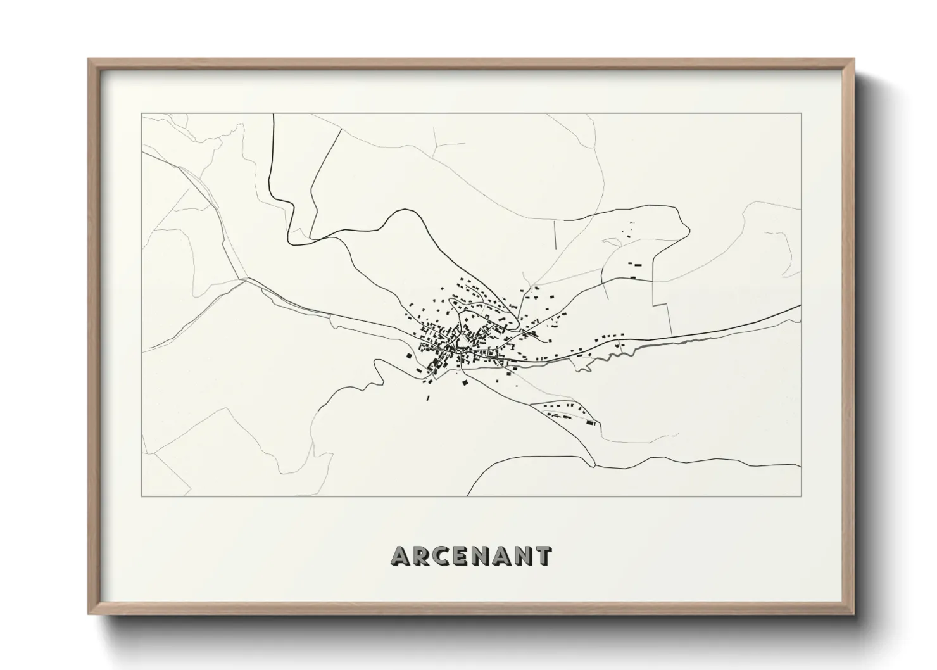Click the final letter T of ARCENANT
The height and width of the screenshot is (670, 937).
(x=543, y=557)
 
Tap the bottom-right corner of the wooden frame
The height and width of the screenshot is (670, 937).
(x=853, y=613)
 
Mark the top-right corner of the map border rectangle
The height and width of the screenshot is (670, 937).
(x=801, y=113)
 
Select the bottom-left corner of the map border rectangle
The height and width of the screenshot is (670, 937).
(x=142, y=496)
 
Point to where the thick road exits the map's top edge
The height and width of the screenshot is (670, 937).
(x=272, y=115)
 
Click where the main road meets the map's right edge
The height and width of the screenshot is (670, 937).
(x=800, y=306)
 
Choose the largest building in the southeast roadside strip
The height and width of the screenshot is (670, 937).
(x=591, y=422)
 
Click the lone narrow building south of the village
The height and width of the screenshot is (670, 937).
(x=427, y=398)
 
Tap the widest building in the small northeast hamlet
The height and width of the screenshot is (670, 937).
(x=638, y=263)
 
